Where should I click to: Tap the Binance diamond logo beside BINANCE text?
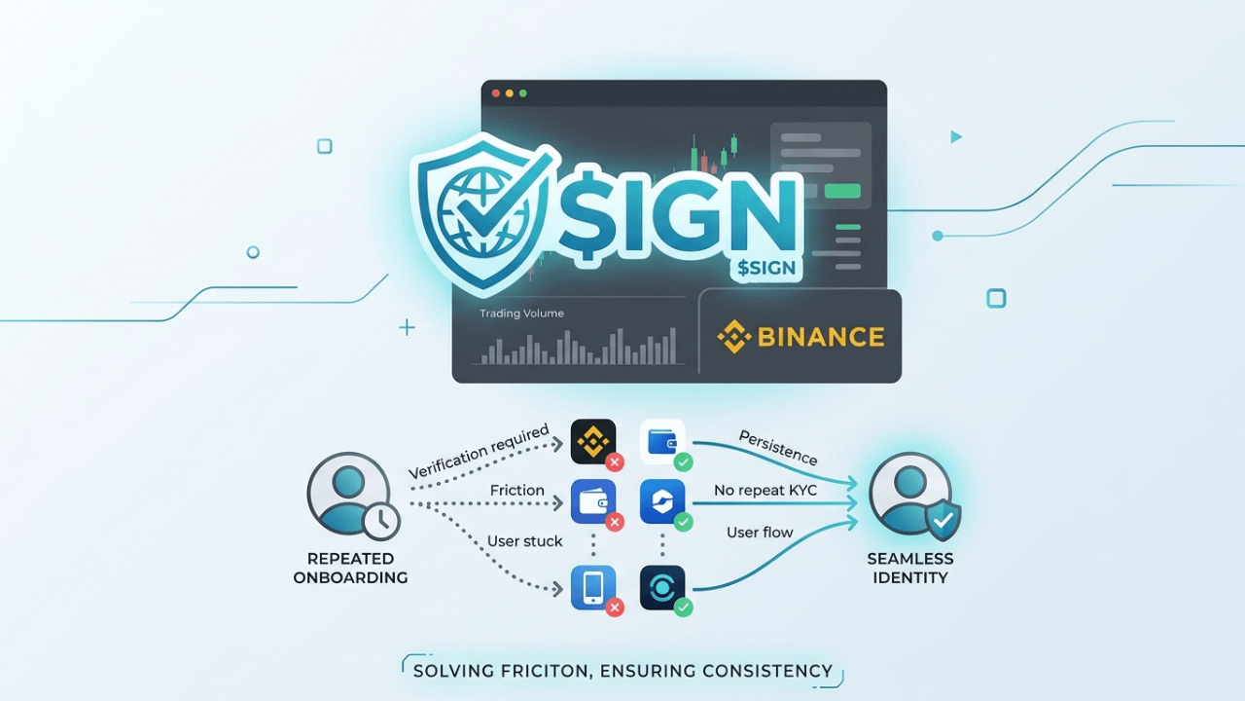(734, 337)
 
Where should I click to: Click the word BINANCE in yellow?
(820, 337)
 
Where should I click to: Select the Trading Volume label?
(521, 314)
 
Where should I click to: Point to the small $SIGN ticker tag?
(765, 268)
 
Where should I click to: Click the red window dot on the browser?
(495, 93)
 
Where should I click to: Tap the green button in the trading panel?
(842, 191)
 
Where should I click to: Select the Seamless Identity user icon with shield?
(912, 495)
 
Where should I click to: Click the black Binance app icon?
(593, 441)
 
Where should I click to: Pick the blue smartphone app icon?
(593, 587)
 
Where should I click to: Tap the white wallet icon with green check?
(663, 441)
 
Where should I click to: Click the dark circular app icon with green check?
(663, 587)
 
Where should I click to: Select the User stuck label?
(525, 540)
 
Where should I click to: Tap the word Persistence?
(778, 447)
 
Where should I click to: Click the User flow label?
(760, 533)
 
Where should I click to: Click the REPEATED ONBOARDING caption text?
(350, 568)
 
